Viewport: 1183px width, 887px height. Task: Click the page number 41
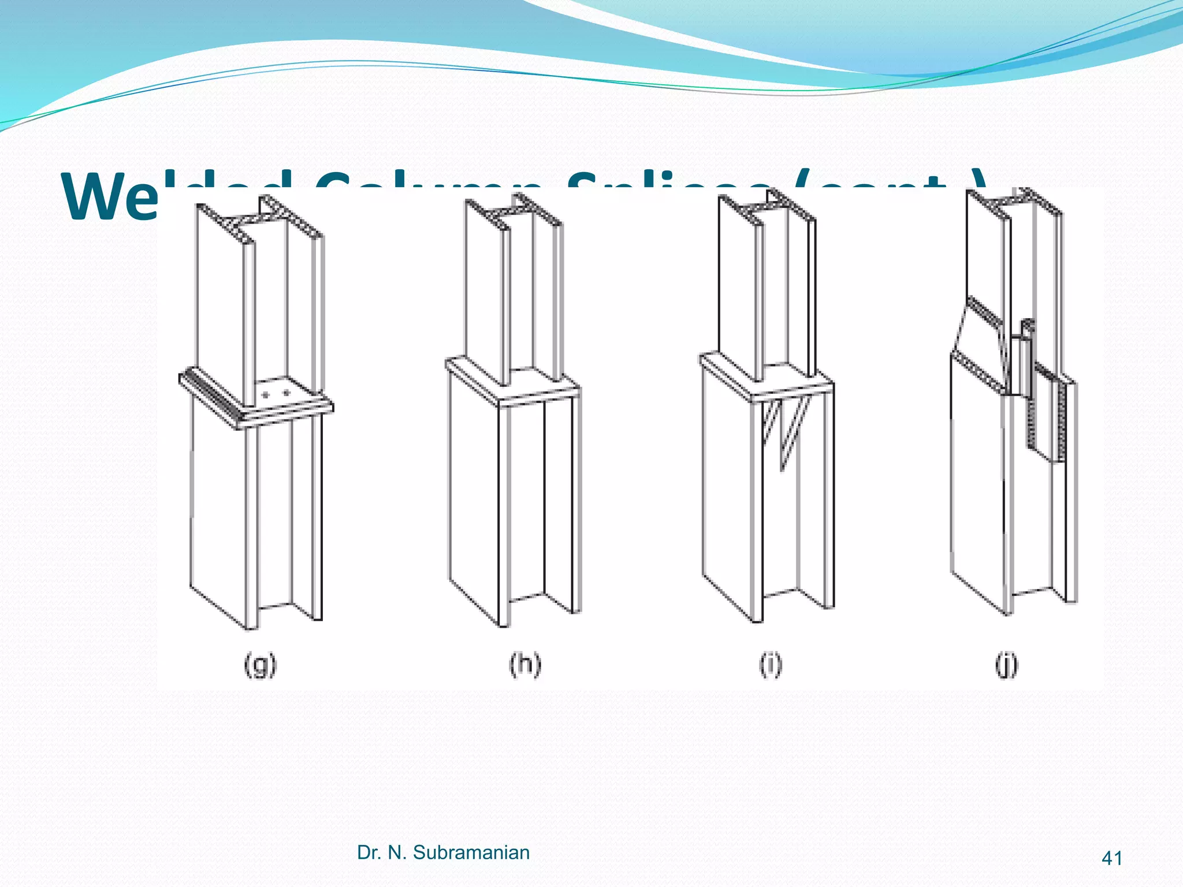(1112, 858)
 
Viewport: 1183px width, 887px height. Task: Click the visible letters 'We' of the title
(110, 196)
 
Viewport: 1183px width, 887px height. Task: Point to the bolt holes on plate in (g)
(276, 394)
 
